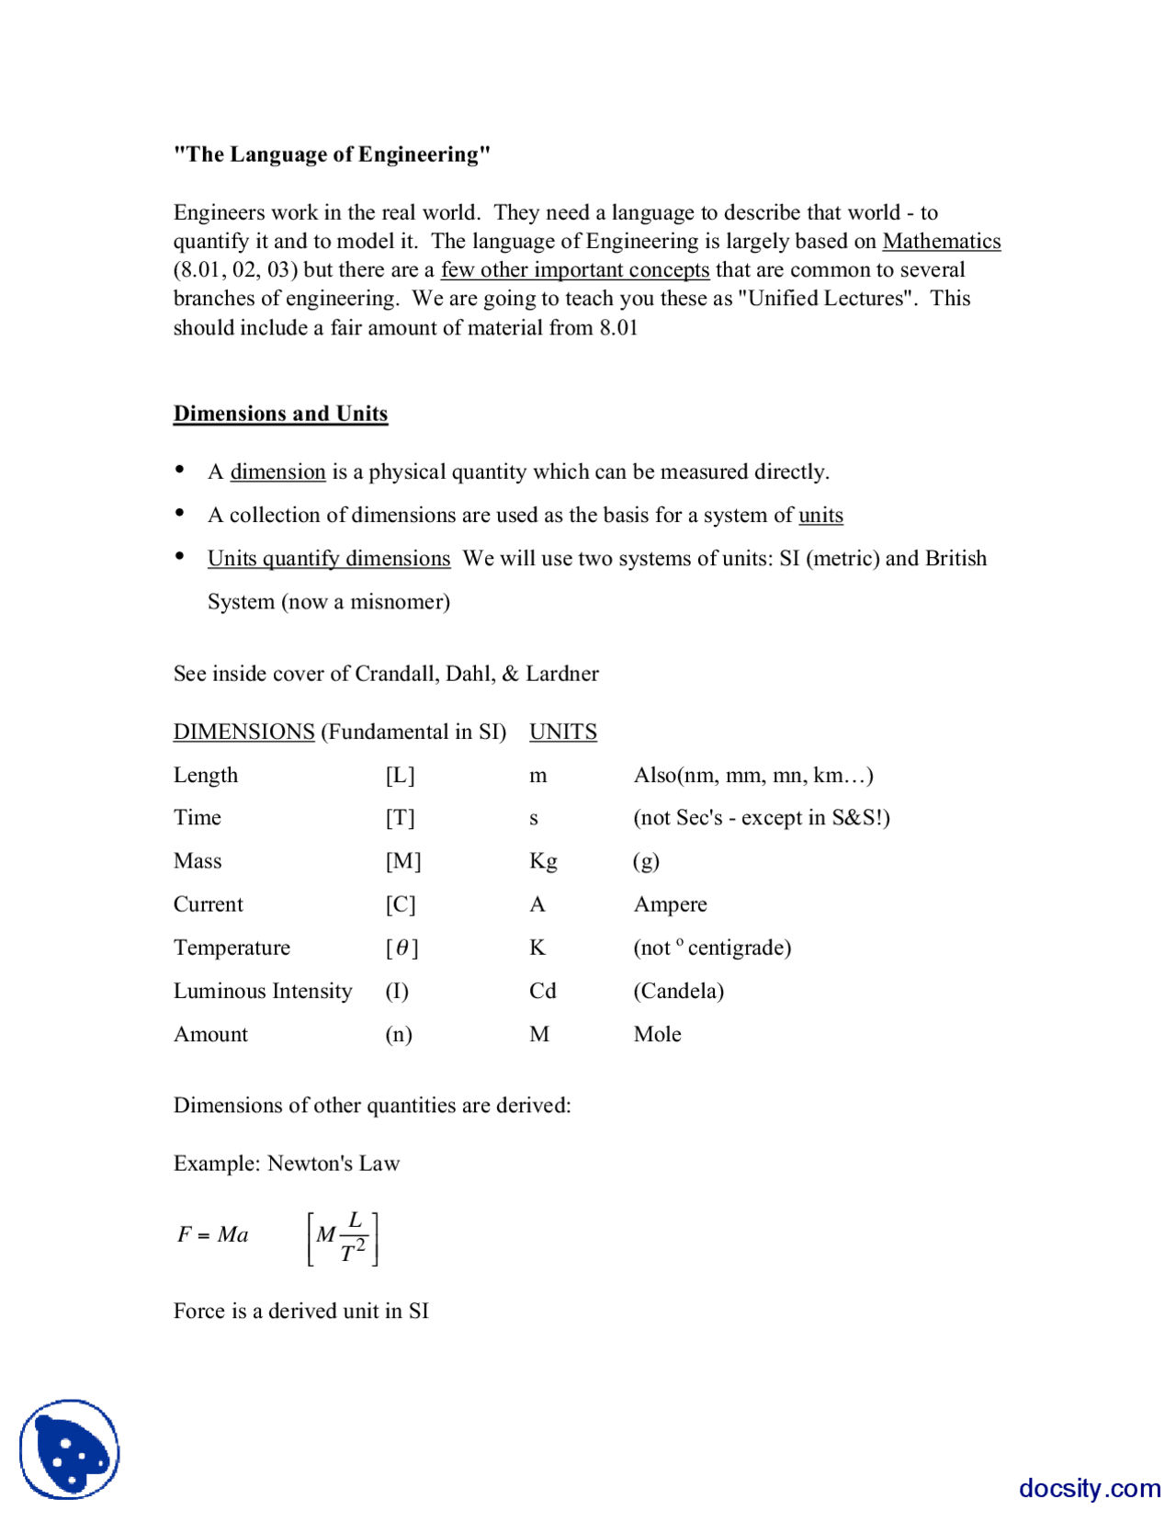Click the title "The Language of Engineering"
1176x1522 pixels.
(x=332, y=154)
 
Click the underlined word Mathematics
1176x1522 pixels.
(x=941, y=241)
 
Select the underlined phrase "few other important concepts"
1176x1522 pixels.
(x=574, y=270)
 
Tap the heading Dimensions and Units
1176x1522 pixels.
(x=280, y=414)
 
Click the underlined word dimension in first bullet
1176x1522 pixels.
(x=277, y=471)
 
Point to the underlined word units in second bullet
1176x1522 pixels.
(x=820, y=515)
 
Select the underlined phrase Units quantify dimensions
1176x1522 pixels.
(x=329, y=559)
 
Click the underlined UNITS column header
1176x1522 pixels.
(x=562, y=732)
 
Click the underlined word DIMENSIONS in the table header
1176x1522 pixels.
(x=243, y=732)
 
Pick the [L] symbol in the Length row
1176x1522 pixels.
(x=400, y=775)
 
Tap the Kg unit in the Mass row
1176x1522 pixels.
(x=543, y=861)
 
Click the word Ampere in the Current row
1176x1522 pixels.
(x=670, y=904)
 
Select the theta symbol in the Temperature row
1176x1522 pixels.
(x=401, y=948)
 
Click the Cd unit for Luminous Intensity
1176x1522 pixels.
(x=542, y=991)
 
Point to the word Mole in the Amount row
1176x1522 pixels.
(x=657, y=1034)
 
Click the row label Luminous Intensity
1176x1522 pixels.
(x=263, y=991)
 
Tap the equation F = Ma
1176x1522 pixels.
(x=213, y=1234)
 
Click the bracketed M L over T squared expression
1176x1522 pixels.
(x=343, y=1237)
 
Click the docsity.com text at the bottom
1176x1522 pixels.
(x=1089, y=1487)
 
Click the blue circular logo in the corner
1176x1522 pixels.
(x=70, y=1448)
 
